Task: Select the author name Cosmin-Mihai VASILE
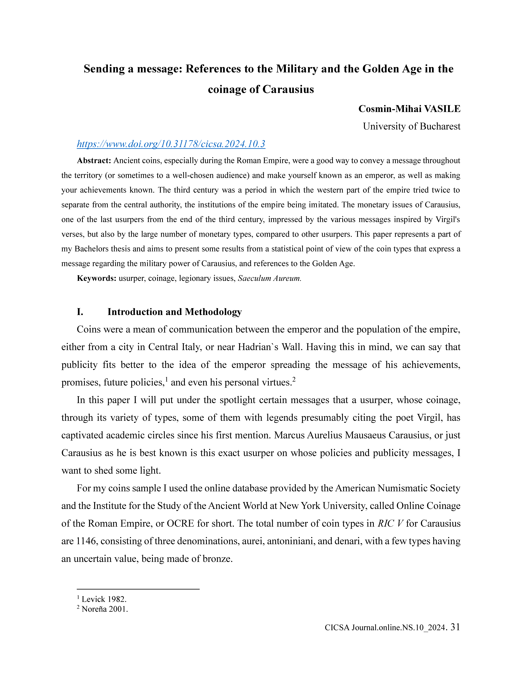click(x=409, y=109)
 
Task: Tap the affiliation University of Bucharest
click(x=411, y=126)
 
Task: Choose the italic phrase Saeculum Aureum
click(x=269, y=278)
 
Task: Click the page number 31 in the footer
click(x=455, y=627)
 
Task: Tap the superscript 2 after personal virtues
click(x=294, y=380)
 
